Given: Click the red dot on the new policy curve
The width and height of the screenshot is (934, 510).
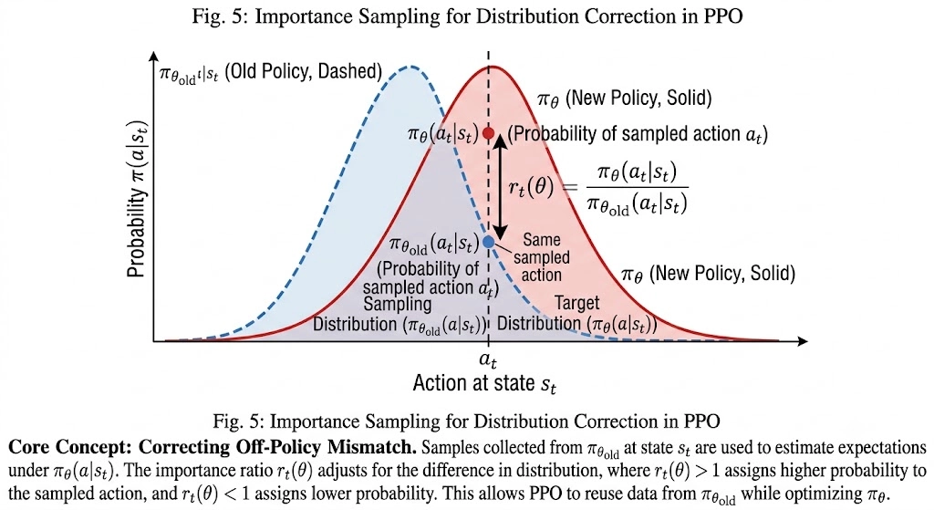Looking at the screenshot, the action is tap(489, 133).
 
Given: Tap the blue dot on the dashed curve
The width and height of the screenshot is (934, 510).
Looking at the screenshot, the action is tap(489, 241).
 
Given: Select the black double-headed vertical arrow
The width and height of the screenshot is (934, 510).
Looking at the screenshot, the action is tap(500, 187).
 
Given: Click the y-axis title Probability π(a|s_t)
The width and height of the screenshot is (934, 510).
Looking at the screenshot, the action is tap(137, 200).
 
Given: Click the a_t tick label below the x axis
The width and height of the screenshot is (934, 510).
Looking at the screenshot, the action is tap(488, 359).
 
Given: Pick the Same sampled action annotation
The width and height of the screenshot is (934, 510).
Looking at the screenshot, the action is tap(542, 256).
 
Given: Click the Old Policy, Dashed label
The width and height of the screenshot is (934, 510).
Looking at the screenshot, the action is tap(303, 71).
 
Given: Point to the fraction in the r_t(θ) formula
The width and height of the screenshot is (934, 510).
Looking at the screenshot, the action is tap(637, 188).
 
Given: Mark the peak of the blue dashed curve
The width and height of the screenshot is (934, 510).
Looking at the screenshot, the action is tap(410, 66).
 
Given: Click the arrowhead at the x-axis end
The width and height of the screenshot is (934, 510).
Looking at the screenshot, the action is tap(803, 341).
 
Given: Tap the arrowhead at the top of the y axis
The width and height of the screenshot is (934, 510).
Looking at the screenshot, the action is tap(153, 57).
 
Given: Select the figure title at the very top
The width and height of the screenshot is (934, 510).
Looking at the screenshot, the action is tap(467, 16).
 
